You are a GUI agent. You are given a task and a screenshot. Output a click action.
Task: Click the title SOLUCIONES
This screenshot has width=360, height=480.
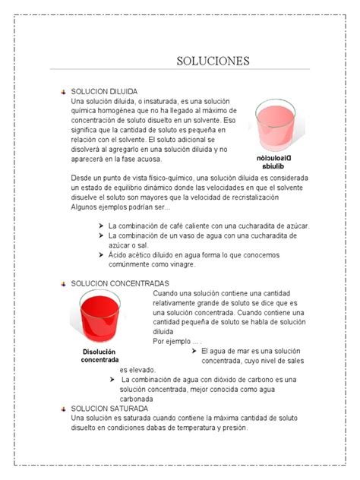pos(213,60)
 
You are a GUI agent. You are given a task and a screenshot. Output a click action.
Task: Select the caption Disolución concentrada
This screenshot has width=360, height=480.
pos(99,355)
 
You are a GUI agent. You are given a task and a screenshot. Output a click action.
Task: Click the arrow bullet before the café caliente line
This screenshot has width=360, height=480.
pos(102,226)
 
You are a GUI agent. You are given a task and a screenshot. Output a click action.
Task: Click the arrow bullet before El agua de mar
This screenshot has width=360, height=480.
pos(194,351)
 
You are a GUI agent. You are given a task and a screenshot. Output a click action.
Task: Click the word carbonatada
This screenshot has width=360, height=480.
pos(137,398)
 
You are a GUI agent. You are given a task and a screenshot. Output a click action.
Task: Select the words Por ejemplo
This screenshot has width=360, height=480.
pos(171,341)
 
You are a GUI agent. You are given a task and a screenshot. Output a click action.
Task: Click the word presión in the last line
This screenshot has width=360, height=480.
pos(235,428)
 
